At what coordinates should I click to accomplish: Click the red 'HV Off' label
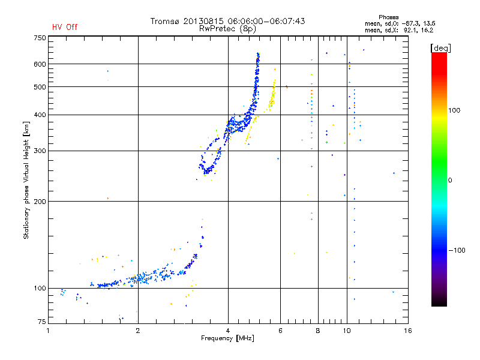click(65, 27)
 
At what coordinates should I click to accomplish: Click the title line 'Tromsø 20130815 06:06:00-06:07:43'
click(228, 21)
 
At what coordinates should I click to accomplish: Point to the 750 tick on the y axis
click(40, 38)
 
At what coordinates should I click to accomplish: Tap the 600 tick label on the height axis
click(40, 64)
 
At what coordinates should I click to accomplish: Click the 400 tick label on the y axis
click(40, 115)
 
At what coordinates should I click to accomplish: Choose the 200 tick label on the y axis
click(40, 201)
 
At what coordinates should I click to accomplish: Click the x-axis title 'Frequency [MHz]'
click(228, 338)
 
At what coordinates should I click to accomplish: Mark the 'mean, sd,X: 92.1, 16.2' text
click(399, 29)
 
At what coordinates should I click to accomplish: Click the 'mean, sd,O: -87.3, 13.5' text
click(399, 23)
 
